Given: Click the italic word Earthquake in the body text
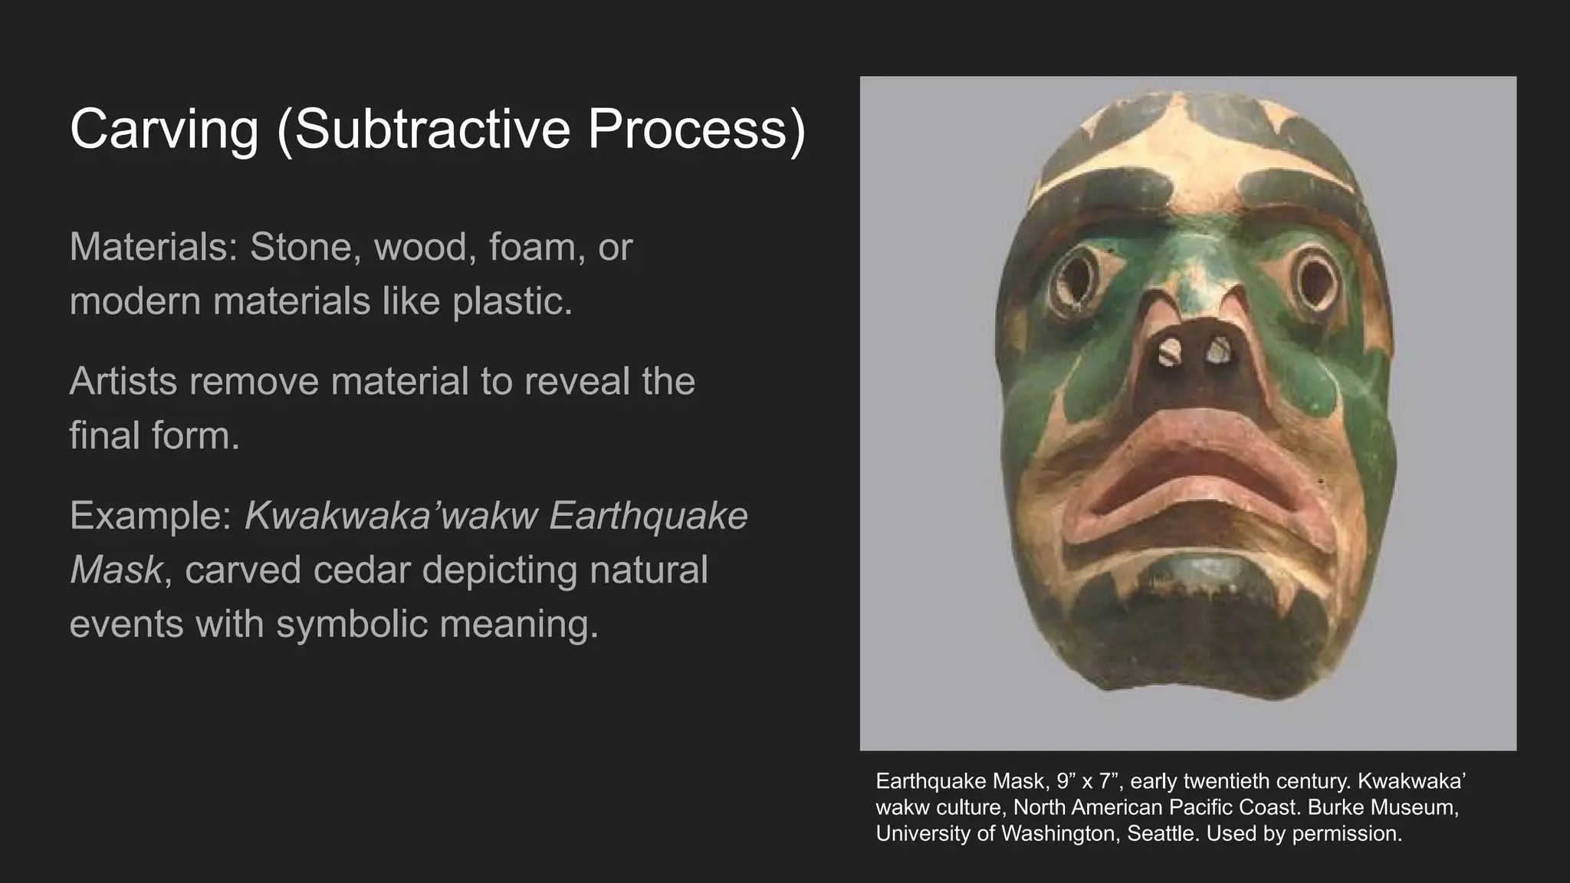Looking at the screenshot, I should tap(648, 515).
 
